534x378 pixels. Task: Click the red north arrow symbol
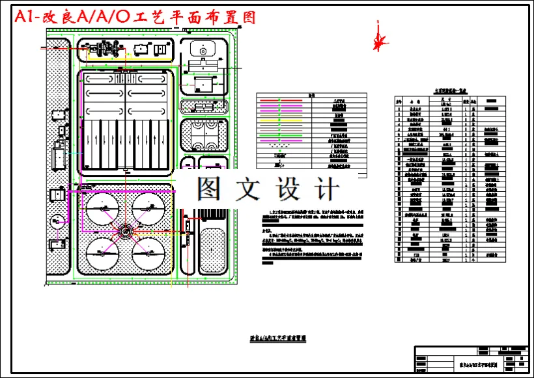pyautogui.click(x=378, y=38)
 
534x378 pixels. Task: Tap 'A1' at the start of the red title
pyautogui.click(x=26, y=18)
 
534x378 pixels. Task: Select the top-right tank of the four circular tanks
pyautogui.click(x=148, y=209)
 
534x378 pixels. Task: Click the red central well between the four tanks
pyautogui.click(x=125, y=230)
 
